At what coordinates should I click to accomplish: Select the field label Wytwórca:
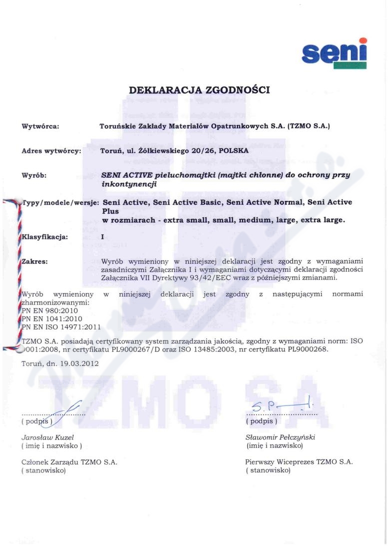coord(41,126)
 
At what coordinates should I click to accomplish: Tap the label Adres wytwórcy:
coord(52,150)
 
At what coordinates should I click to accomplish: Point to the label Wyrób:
coord(34,175)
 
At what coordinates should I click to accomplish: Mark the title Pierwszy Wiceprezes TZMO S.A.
coord(299,462)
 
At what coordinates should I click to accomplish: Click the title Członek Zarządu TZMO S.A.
coord(69,462)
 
